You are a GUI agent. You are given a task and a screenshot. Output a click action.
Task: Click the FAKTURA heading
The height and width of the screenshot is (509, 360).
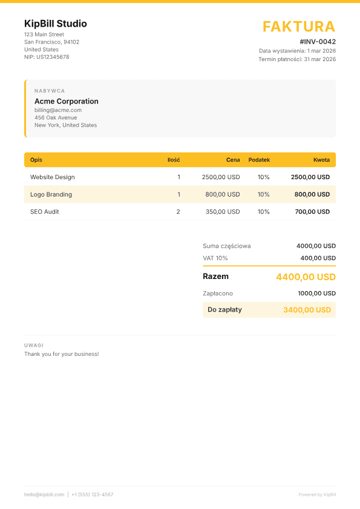[x=298, y=27]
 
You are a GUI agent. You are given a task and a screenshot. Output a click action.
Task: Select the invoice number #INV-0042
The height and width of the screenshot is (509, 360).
[x=318, y=42]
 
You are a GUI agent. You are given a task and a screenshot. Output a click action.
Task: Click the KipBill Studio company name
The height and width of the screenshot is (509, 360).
[x=56, y=24]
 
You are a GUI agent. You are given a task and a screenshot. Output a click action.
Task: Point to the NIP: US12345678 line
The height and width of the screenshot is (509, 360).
[x=47, y=57]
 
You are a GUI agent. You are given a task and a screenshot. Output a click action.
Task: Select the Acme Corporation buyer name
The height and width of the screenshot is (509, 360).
[x=67, y=102]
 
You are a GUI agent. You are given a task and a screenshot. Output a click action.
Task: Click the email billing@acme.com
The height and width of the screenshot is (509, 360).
[x=58, y=110]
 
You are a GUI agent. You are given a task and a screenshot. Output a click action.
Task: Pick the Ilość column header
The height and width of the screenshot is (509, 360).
[x=174, y=160]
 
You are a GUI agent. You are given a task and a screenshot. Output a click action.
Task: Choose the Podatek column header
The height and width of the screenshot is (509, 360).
[x=259, y=160]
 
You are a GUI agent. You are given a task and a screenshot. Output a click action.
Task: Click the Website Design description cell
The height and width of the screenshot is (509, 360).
[x=53, y=177]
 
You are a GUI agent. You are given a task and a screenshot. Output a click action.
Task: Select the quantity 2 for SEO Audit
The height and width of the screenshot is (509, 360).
[x=178, y=212]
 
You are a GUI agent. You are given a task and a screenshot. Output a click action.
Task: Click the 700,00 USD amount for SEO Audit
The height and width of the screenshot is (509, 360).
[x=312, y=212]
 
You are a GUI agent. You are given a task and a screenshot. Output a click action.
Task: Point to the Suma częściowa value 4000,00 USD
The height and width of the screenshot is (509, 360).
[x=316, y=246]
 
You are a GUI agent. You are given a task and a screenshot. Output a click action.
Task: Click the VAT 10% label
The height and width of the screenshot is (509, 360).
[x=215, y=258]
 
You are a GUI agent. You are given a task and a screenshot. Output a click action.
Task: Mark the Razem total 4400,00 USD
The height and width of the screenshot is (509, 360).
[x=306, y=277]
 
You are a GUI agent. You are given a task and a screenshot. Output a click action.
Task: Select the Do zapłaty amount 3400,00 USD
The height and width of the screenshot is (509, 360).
[x=307, y=310]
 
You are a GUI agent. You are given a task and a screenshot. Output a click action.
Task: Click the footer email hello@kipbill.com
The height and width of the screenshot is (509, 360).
[x=44, y=494]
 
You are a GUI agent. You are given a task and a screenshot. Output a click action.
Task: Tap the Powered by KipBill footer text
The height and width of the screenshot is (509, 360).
[x=317, y=494]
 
